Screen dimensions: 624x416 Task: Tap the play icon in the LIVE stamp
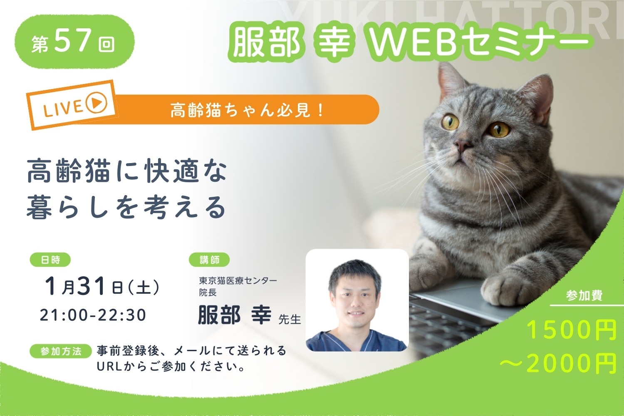(97, 102)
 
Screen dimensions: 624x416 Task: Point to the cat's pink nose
(463, 145)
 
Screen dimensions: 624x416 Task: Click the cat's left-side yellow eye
(451, 122)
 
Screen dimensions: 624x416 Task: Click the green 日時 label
(50, 260)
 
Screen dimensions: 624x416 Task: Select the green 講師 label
(209, 260)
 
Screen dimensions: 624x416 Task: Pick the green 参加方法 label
(61, 351)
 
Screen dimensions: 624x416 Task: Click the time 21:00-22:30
(93, 315)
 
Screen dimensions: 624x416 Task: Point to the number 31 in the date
(92, 286)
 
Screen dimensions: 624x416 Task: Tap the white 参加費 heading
(584, 295)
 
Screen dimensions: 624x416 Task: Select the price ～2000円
(559, 363)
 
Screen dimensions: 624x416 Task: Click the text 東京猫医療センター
(238, 280)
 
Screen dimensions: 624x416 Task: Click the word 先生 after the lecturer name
(290, 319)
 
